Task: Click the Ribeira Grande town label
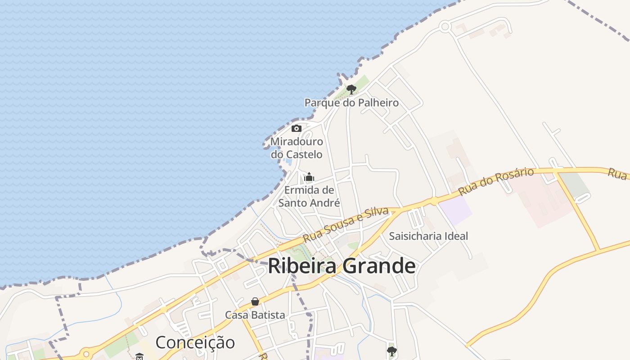[x=342, y=266]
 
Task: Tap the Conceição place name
[x=195, y=342]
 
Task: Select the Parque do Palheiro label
[x=351, y=103]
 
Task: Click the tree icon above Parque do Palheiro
[x=351, y=89]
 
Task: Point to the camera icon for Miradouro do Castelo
[x=296, y=129]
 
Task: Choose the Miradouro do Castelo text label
[x=297, y=148]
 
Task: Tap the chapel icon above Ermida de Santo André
[x=309, y=177]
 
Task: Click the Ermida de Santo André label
[x=309, y=196]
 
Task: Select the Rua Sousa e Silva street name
[x=346, y=225]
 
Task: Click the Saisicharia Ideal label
[x=428, y=236]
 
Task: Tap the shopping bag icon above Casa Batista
[x=255, y=301]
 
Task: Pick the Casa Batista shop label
[x=255, y=315]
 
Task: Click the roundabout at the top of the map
[x=445, y=27]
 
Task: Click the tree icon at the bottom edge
[x=392, y=351]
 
